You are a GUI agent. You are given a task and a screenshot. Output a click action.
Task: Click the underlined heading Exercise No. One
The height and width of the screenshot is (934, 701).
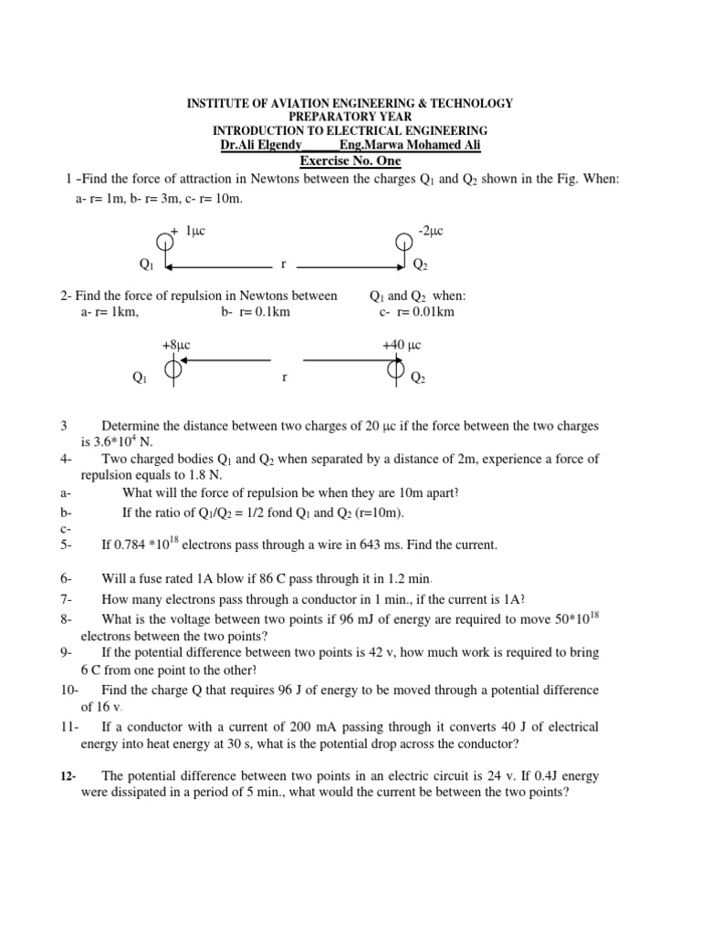350,161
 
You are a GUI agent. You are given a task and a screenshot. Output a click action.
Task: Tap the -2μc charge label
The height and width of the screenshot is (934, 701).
430,233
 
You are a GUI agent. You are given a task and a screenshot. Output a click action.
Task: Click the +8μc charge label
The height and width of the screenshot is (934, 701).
175,345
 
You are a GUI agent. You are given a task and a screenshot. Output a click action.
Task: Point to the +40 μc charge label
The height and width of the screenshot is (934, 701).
402,345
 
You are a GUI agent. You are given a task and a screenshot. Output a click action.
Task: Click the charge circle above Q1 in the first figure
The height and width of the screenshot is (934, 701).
164,243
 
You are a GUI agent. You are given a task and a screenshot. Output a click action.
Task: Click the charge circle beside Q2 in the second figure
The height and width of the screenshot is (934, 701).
396,368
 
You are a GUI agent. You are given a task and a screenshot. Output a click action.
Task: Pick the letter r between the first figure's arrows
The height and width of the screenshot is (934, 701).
284,265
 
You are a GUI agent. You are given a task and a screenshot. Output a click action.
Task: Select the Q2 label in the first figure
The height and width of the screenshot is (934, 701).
420,265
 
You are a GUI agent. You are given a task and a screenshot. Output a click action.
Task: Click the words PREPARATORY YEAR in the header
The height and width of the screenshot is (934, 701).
350,118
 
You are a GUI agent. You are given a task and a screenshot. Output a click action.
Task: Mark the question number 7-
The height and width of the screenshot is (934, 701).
66,598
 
